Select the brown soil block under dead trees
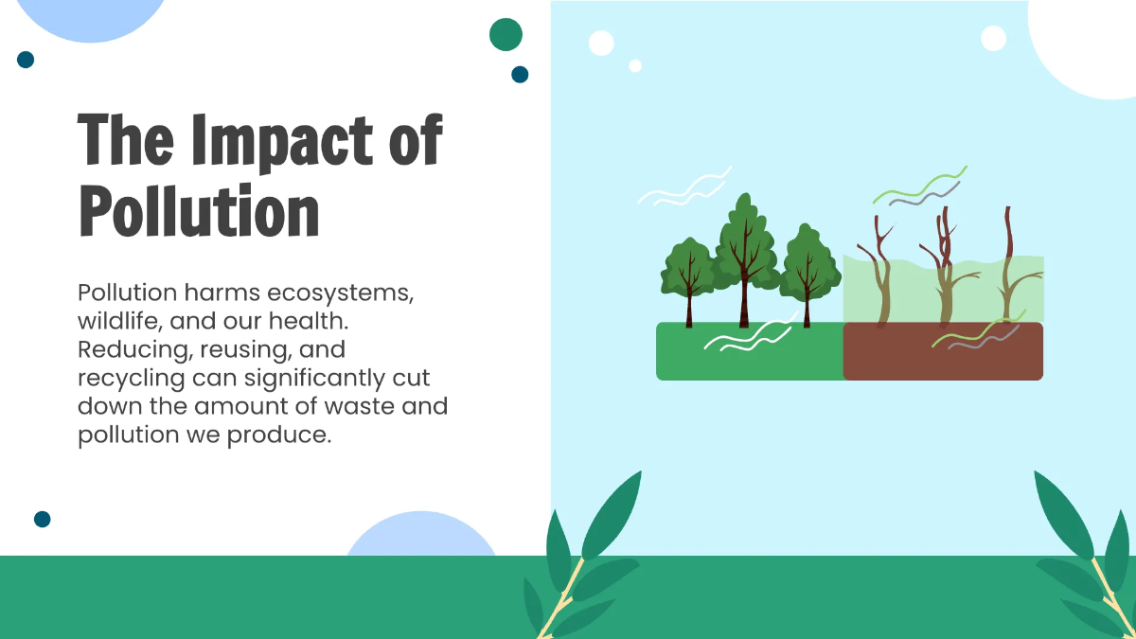coord(943,351)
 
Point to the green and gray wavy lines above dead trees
coord(918,187)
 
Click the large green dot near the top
coord(506,34)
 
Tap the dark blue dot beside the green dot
coord(520,74)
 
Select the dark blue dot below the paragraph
coord(42,519)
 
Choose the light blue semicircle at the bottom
coord(420,538)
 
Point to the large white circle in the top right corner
coord(1089,43)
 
